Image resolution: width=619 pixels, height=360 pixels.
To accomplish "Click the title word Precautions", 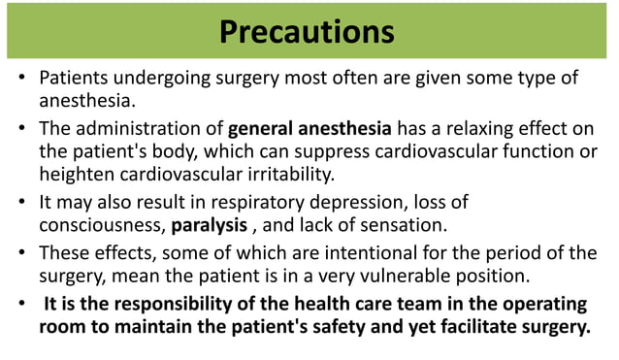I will coord(307,31).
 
